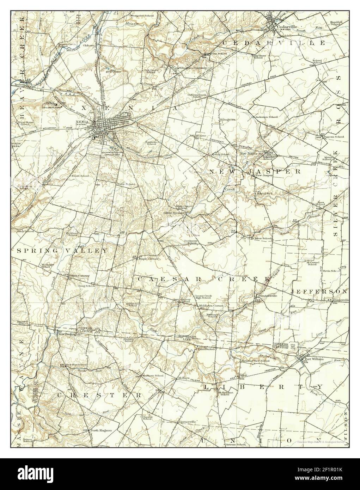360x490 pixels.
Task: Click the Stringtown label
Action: [x=227, y=120]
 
